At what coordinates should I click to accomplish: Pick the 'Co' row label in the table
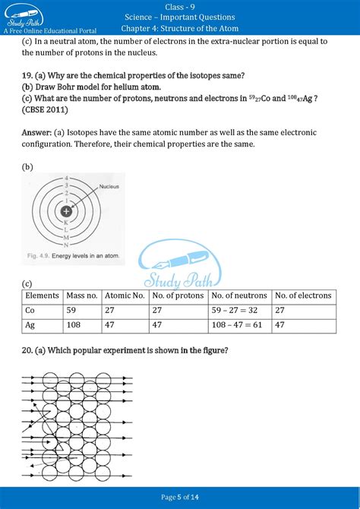pos(30,310)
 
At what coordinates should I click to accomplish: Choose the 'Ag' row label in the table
pos(30,324)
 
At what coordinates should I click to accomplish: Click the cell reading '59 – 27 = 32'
pos(235,310)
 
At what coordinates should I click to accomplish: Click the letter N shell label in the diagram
pos(67,245)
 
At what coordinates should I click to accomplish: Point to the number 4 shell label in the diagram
pos(67,179)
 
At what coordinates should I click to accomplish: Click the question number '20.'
pos(29,350)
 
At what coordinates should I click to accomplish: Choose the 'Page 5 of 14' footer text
pos(180,497)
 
